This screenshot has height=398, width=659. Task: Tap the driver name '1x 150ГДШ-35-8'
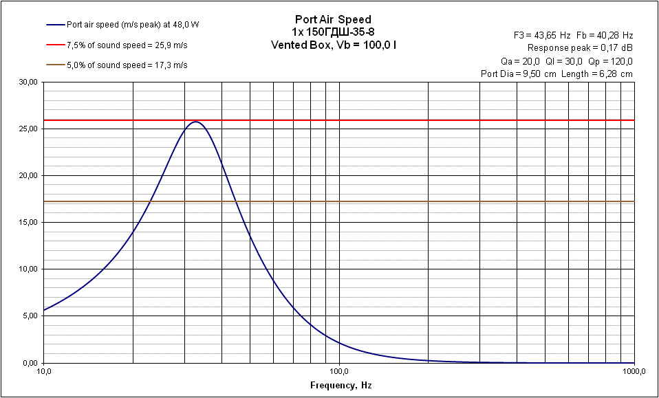pyautogui.click(x=333, y=32)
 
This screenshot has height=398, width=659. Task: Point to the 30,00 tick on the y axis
pyautogui.click(x=28, y=82)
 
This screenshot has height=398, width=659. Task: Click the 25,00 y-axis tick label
pyautogui.click(x=28, y=129)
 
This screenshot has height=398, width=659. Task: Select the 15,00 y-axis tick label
pyautogui.click(x=28, y=223)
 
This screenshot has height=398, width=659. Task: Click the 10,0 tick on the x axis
pyautogui.click(x=43, y=372)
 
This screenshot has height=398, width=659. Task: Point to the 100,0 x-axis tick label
pyautogui.click(x=338, y=372)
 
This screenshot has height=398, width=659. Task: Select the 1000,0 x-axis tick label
pyautogui.click(x=633, y=372)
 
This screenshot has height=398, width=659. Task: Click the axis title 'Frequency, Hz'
pyautogui.click(x=341, y=386)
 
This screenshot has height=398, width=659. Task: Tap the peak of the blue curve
pyautogui.click(x=196, y=122)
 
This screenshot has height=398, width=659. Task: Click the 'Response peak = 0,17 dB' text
pyautogui.click(x=580, y=48)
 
